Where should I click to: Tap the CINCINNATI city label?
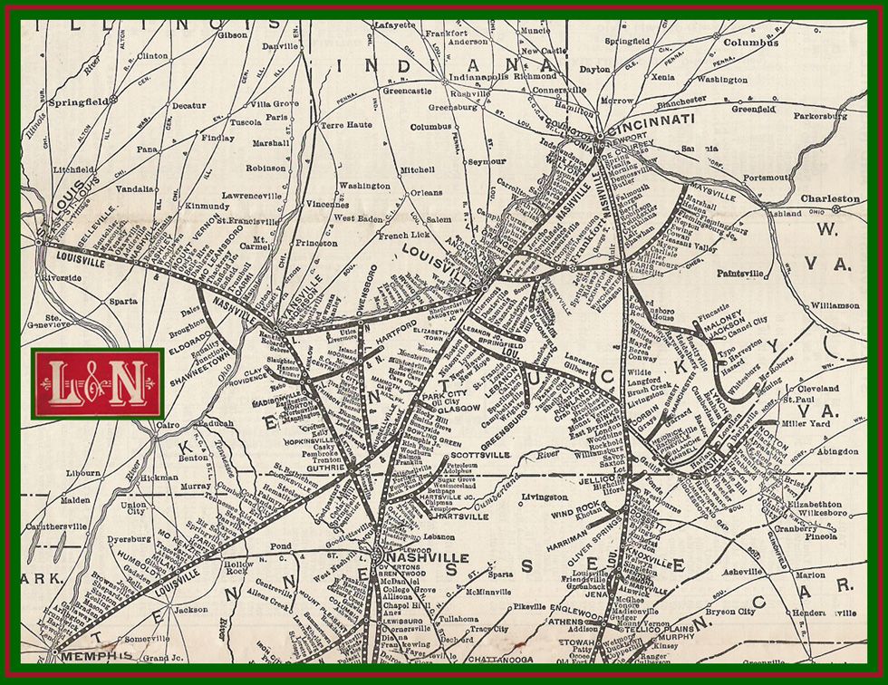coord(657,119)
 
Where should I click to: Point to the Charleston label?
coord(829,198)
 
